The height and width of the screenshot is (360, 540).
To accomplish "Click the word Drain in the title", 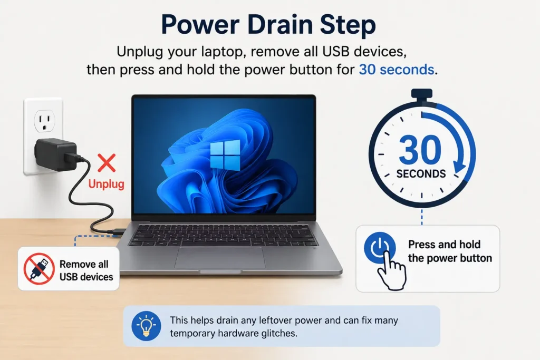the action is pyautogui.click(x=279, y=25).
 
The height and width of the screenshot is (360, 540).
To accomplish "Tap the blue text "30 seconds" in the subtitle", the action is pyautogui.click(x=397, y=70).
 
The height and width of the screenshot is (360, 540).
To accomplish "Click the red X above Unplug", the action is pyautogui.click(x=107, y=163).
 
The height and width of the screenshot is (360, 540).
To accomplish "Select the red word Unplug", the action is pyautogui.click(x=106, y=184).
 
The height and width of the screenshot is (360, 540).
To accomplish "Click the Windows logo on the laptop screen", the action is pyautogui.click(x=225, y=155).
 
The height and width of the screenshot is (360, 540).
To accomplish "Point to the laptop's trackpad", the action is pyautogui.click(x=220, y=257).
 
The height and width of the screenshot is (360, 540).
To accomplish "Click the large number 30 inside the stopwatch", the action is pyautogui.click(x=420, y=150).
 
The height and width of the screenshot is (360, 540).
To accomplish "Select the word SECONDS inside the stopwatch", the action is pyautogui.click(x=421, y=174).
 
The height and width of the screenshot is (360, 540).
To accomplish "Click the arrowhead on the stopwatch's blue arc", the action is pyautogui.click(x=459, y=167).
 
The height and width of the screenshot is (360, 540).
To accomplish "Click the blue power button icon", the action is pyautogui.click(x=380, y=248).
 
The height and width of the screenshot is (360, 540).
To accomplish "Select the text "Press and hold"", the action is pyautogui.click(x=444, y=245).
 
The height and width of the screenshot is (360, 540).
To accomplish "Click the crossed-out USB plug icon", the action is pyautogui.click(x=39, y=269).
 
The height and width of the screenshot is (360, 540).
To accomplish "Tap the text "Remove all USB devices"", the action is pyautogui.click(x=86, y=270).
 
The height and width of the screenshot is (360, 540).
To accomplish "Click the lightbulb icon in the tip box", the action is pyautogui.click(x=146, y=326).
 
